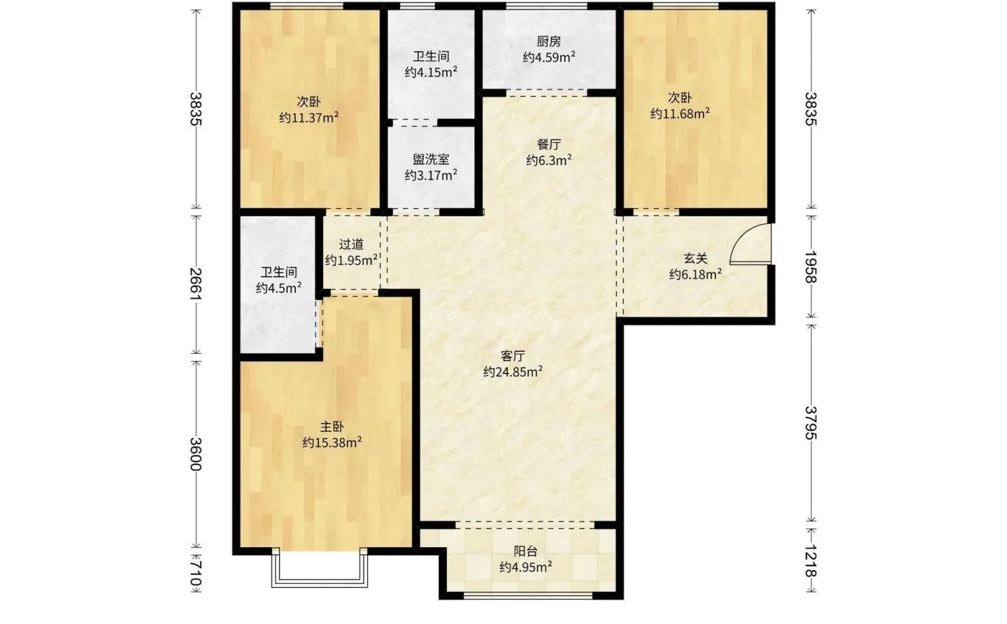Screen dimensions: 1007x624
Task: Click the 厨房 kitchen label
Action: (x=549, y=42)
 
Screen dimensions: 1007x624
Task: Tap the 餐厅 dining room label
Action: (x=549, y=144)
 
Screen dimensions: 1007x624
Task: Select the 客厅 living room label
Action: (x=513, y=356)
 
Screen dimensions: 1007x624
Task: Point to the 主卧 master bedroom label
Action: (x=332, y=426)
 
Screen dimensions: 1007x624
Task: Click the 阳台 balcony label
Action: (x=526, y=551)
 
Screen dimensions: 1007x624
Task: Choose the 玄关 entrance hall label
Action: (x=695, y=258)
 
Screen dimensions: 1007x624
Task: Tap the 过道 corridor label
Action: (x=351, y=244)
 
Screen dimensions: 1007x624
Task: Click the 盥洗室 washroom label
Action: (x=431, y=159)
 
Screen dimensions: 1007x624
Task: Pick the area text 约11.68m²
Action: (x=680, y=113)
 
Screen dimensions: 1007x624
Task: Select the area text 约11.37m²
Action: (x=309, y=118)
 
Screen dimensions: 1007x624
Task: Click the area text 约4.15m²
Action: (x=431, y=72)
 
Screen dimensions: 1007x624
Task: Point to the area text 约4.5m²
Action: (x=279, y=288)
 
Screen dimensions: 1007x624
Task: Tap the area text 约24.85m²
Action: (x=513, y=371)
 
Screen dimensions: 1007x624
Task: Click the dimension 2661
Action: (x=196, y=284)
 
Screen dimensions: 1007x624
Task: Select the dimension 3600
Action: (x=196, y=454)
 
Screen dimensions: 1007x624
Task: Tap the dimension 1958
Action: (x=810, y=267)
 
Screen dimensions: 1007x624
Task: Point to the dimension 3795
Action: (x=810, y=423)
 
